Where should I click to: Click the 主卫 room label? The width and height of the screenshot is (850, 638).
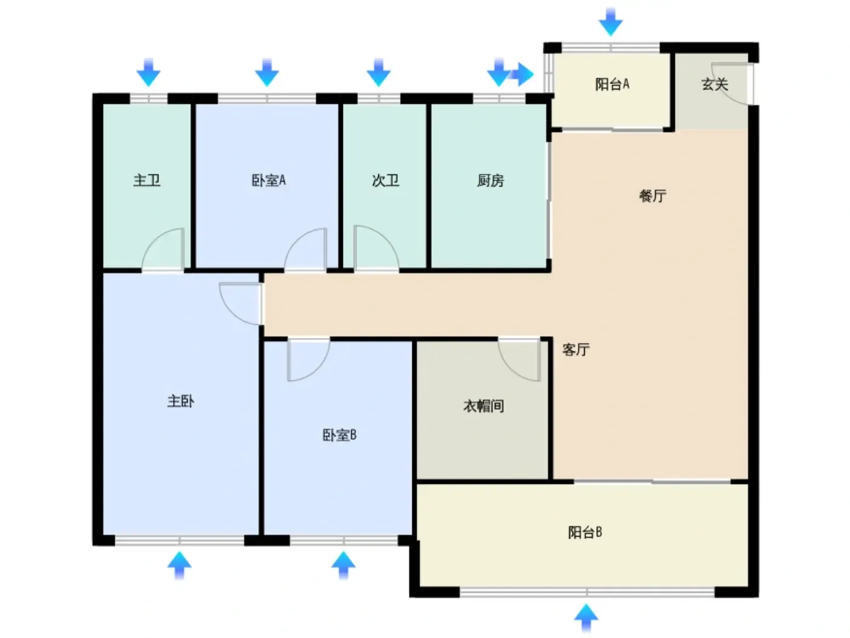tap(147, 180)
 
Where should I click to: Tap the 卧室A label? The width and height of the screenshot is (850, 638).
tap(268, 180)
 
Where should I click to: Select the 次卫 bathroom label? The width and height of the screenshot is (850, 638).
tap(386, 180)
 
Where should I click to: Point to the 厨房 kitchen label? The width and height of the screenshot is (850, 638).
tap(490, 180)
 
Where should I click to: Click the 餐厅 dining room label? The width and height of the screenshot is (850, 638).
tap(653, 196)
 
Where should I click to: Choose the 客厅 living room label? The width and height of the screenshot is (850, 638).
tap(576, 349)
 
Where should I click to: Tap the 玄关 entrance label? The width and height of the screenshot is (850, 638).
tap(715, 84)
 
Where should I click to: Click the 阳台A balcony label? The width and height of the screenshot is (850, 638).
tap(612, 84)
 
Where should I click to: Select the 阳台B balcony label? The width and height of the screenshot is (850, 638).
tap(585, 532)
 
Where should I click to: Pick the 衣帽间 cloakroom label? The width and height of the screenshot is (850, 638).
tap(484, 406)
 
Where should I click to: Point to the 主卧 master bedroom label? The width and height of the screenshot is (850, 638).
tap(180, 401)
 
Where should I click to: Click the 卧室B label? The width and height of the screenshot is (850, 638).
tap(339, 435)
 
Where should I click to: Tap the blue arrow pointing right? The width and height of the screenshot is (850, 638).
tap(521, 74)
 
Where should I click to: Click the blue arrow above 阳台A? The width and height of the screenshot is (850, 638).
tap(611, 21)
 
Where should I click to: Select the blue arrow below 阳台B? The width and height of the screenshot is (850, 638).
tap(586, 618)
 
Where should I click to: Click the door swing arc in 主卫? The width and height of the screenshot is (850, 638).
tap(155, 240)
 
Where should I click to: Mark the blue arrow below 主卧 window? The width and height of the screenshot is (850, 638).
tap(179, 566)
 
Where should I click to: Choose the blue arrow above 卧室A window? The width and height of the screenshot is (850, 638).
tap(267, 72)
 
